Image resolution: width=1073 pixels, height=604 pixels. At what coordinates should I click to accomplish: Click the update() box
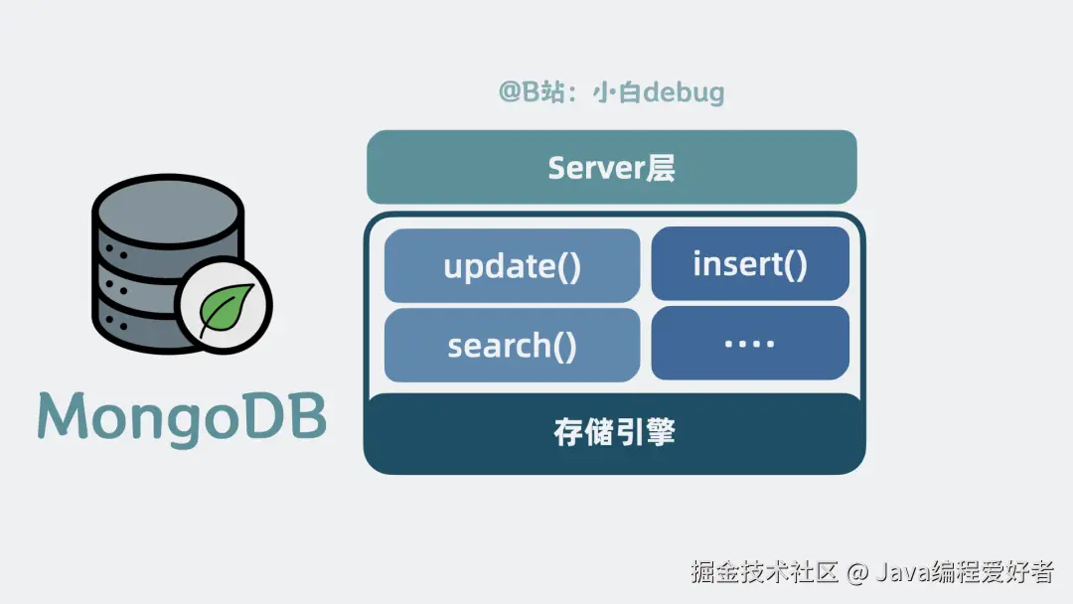point(512,266)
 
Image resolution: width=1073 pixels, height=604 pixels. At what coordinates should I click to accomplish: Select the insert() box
point(750,263)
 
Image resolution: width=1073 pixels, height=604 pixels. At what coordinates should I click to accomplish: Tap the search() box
point(512,346)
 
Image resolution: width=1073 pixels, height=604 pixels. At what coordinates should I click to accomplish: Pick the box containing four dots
point(750,344)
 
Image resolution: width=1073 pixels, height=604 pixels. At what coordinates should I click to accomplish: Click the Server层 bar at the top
point(611,167)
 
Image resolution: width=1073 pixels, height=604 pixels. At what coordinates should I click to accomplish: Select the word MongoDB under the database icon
point(183,414)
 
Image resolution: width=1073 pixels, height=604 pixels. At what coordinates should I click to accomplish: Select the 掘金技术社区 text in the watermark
point(766,572)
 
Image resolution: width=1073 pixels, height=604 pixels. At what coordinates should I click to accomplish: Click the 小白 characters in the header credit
point(620,93)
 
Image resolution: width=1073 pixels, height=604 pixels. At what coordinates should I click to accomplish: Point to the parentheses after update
point(569,267)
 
